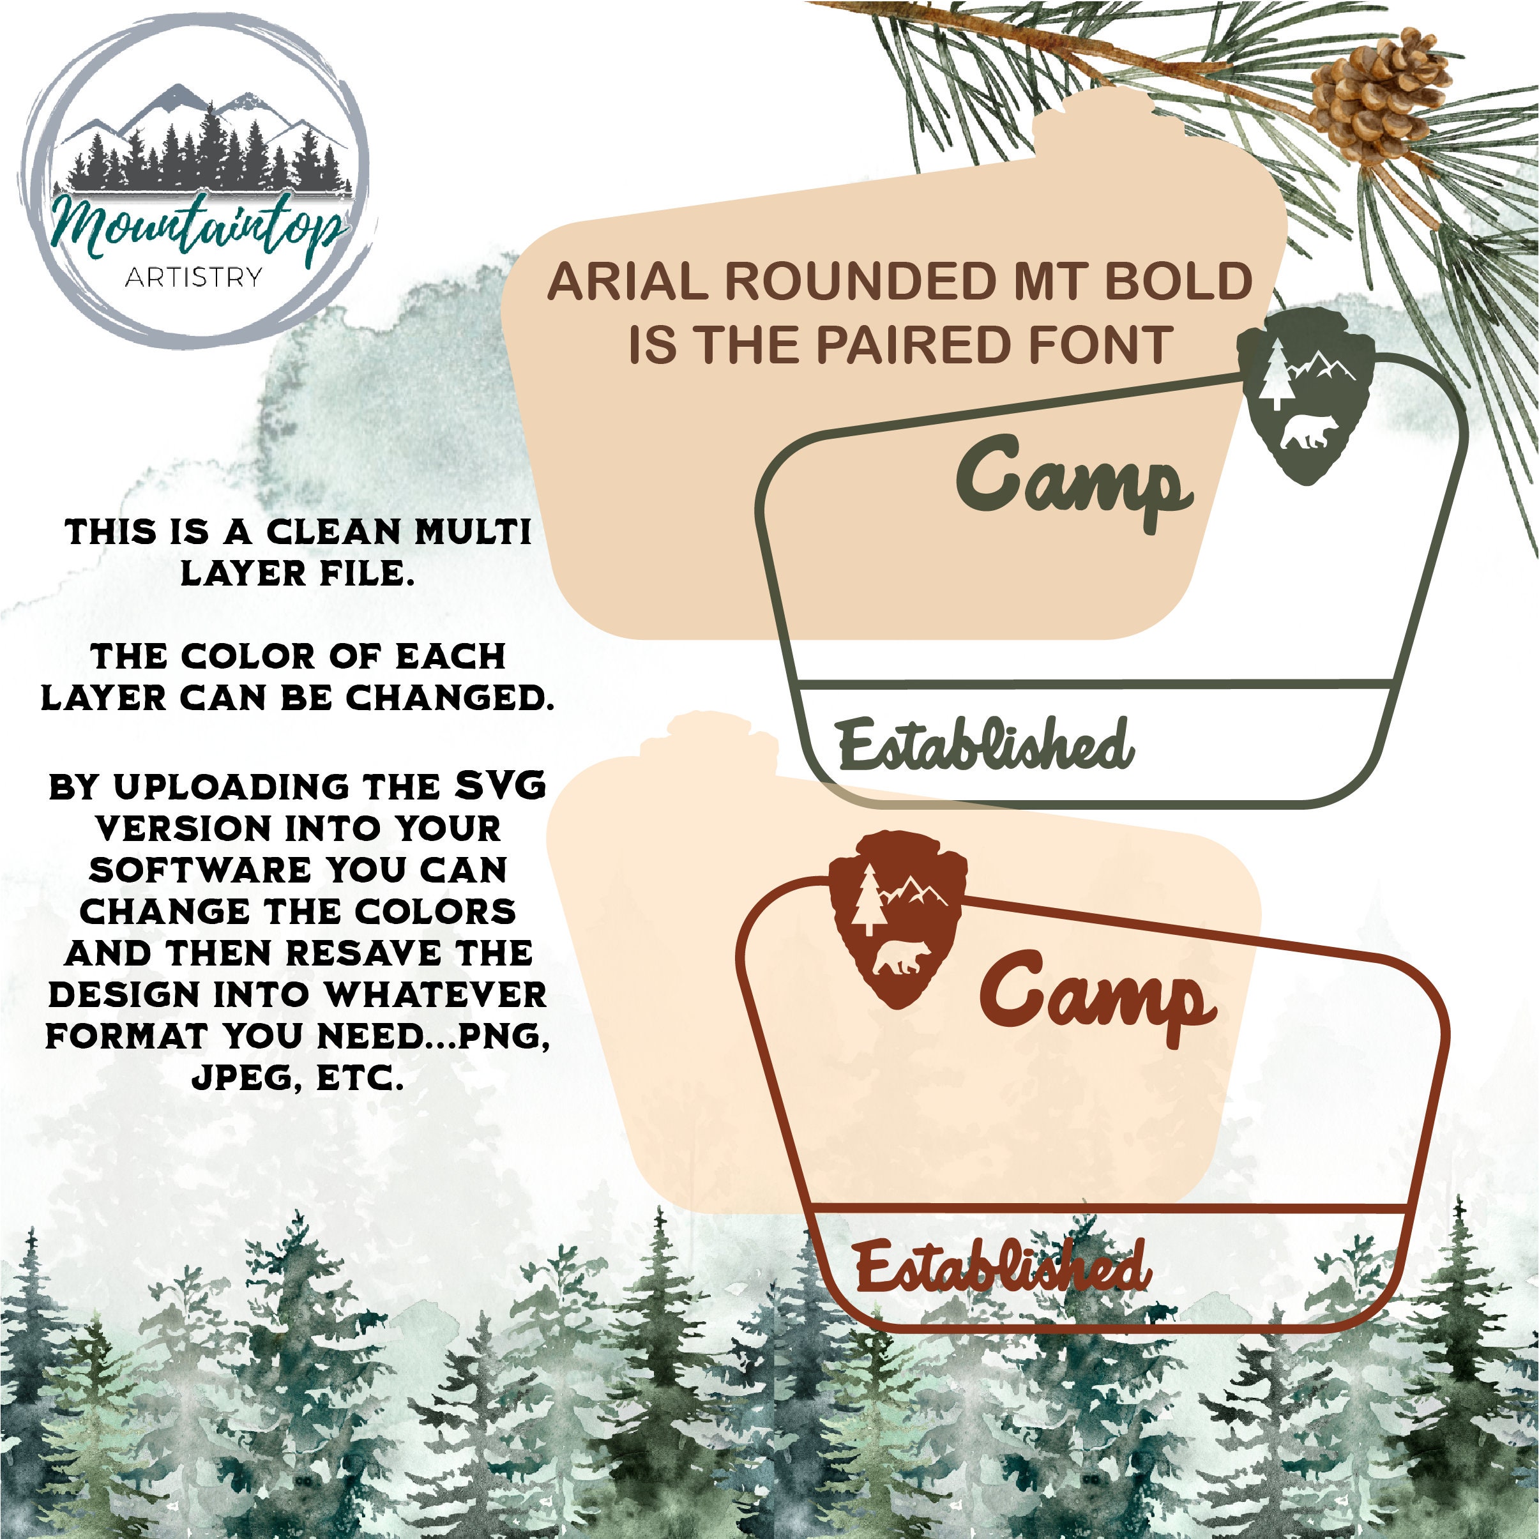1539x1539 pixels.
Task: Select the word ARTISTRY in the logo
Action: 193,277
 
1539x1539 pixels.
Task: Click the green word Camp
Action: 1075,484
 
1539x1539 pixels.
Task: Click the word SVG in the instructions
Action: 500,786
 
